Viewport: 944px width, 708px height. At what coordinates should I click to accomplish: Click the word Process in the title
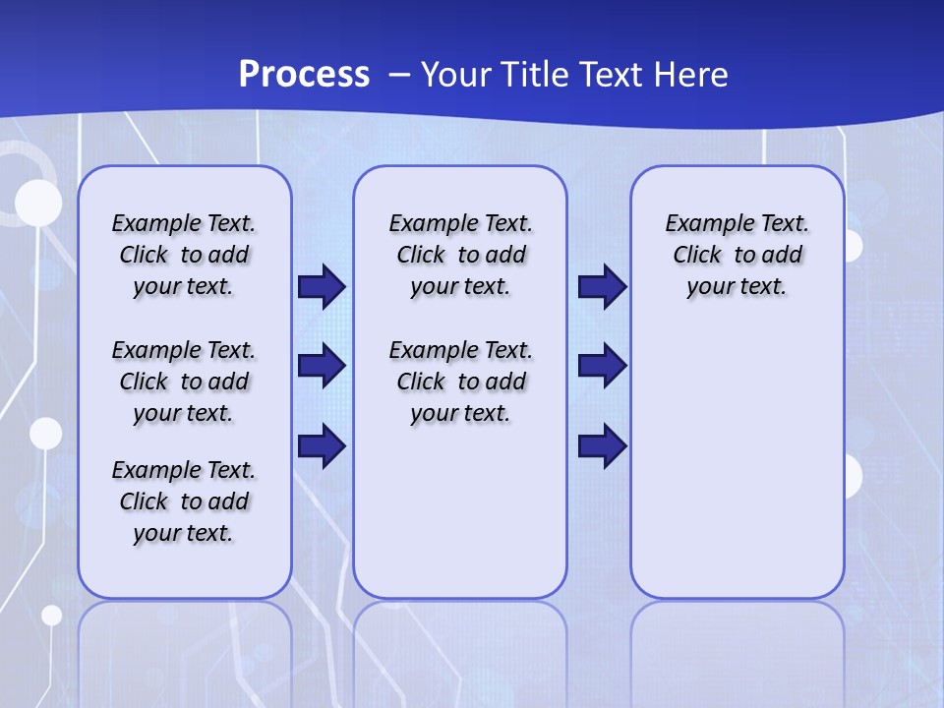tap(304, 74)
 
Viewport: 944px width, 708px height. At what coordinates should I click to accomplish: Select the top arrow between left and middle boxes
tap(322, 287)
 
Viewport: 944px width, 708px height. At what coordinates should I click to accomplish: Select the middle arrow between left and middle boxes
tap(322, 366)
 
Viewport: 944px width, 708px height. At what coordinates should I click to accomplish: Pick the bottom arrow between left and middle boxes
tap(322, 446)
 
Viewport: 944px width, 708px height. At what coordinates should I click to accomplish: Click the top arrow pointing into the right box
tap(602, 287)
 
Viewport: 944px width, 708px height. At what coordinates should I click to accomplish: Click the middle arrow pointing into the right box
tap(602, 366)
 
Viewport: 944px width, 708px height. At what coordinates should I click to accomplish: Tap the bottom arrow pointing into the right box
tap(602, 446)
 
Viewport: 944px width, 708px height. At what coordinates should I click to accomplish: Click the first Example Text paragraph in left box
tap(184, 255)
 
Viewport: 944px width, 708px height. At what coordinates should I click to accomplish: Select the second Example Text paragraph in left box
tap(184, 382)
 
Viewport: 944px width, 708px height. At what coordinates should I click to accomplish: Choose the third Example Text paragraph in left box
tap(184, 501)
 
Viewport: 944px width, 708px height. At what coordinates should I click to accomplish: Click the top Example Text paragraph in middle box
tap(460, 255)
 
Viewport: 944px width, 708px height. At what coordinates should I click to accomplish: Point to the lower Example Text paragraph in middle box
tap(460, 382)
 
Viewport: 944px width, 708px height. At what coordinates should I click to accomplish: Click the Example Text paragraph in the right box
tap(737, 255)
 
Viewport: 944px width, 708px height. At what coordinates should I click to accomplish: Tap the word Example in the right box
tap(700, 223)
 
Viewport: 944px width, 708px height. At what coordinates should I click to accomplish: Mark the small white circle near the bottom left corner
tap(51, 615)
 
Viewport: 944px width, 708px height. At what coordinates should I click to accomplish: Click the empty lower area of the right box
tap(737, 472)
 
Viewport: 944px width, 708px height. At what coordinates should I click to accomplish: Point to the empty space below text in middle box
tap(460, 511)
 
